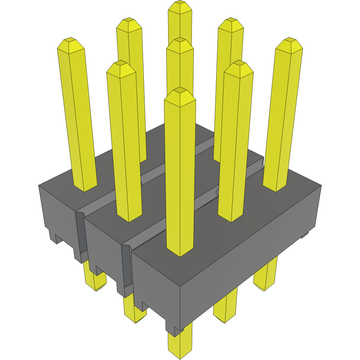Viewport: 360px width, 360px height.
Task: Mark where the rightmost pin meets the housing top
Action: coord(275,188)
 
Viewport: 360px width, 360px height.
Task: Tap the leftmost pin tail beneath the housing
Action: coord(95,282)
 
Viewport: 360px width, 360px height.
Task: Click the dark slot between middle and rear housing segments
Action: coord(80,233)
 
